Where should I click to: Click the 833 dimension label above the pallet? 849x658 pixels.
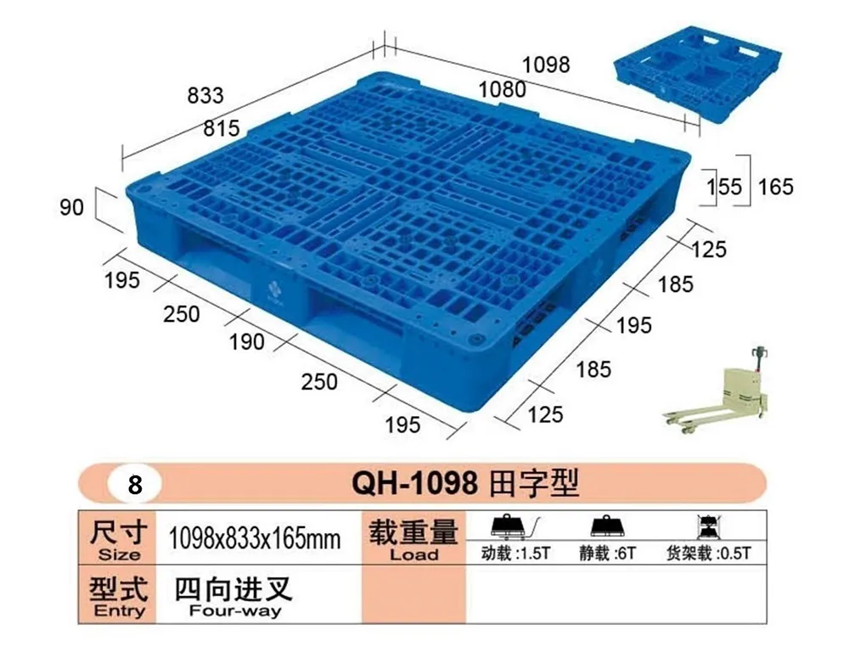(205, 95)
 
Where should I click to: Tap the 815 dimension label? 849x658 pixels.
(222, 128)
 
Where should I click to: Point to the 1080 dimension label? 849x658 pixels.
(502, 89)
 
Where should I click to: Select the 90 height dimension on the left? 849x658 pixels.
(72, 207)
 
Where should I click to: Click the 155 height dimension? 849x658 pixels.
(724, 187)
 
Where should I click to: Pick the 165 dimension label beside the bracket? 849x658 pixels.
(775, 187)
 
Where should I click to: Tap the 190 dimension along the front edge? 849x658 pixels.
(246, 341)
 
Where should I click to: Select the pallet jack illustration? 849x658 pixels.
(716, 388)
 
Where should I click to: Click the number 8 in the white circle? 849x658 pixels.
(135, 485)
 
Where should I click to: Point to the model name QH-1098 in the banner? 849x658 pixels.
(415, 482)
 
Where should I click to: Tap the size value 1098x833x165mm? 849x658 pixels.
(255, 538)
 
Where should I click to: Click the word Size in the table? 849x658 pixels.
(119, 554)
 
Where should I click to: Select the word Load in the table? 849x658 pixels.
(414, 554)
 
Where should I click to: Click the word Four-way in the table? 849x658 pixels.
(235, 611)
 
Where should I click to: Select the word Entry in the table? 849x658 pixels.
(119, 611)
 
